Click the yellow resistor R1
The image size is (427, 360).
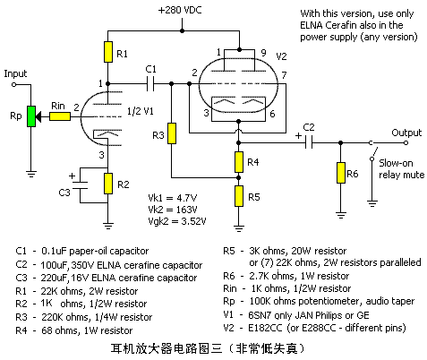(x=108, y=52)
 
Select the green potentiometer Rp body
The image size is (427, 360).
(x=31, y=116)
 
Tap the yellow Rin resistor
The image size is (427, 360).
(x=60, y=116)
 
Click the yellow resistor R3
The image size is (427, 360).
(x=172, y=133)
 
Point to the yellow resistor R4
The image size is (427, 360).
(x=239, y=162)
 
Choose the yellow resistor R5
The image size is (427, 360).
(x=239, y=196)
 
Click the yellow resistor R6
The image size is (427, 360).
(x=341, y=173)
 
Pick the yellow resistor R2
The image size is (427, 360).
(x=108, y=184)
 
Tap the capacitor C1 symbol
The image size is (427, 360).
(x=150, y=84)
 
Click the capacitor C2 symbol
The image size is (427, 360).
(x=309, y=142)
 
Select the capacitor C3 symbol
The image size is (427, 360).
(x=80, y=185)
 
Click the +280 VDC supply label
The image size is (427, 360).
(x=180, y=10)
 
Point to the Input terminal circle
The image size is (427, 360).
(x=13, y=84)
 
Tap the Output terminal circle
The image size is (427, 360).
(x=406, y=142)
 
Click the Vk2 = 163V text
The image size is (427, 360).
(x=173, y=210)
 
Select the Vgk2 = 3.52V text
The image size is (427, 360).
(x=177, y=221)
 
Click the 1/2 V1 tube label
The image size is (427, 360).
(x=140, y=111)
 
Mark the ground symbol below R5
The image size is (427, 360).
(x=239, y=228)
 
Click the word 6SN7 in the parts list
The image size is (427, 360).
(x=260, y=315)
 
